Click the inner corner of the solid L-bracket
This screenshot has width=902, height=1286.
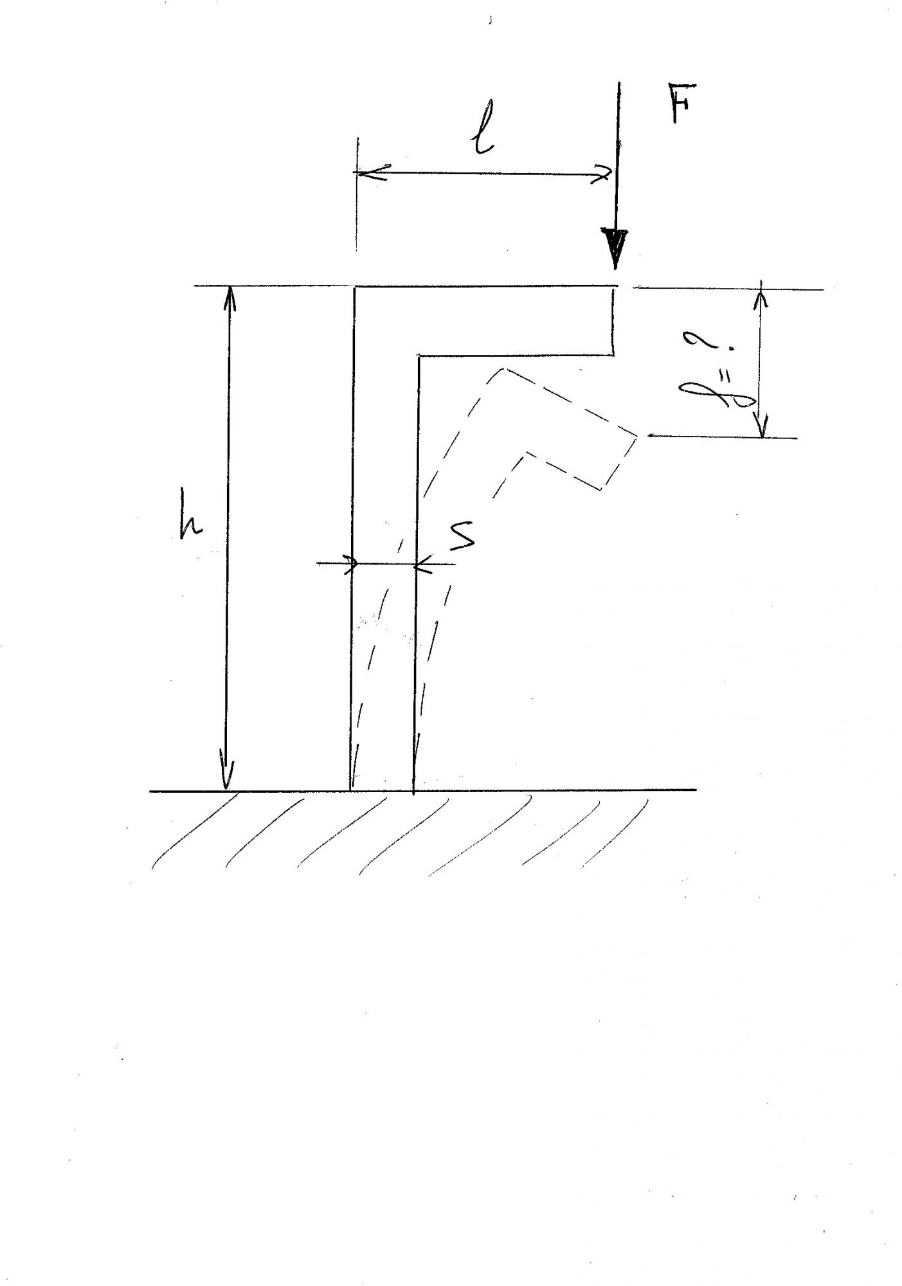(x=419, y=356)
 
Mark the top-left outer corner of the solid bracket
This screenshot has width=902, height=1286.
(x=354, y=286)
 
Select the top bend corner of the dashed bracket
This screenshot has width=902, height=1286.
(x=505, y=369)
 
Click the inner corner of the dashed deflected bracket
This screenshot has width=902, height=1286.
(x=527, y=453)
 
